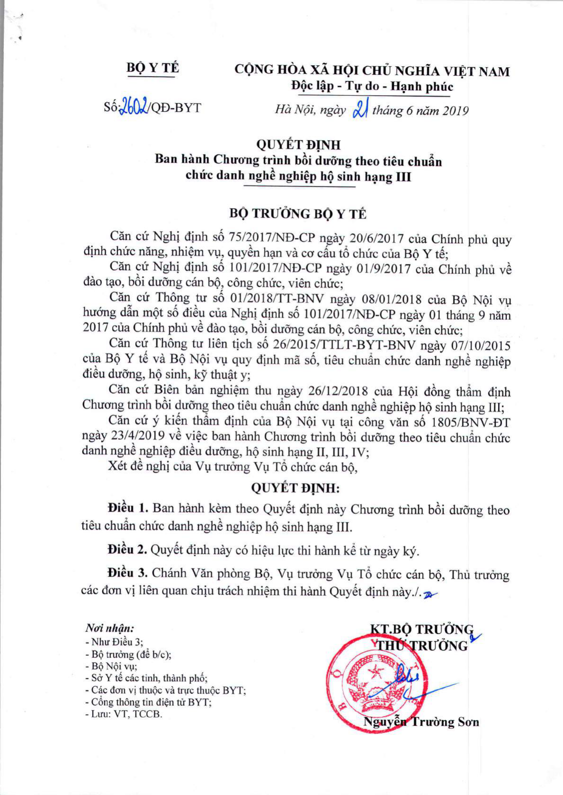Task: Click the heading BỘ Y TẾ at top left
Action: tap(153, 68)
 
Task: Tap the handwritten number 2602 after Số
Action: tap(135, 107)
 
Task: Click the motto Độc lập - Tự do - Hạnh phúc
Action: tap(372, 87)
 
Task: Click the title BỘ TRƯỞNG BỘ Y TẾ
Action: tap(298, 214)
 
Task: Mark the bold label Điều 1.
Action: tap(128, 508)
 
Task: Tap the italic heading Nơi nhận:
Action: tap(109, 628)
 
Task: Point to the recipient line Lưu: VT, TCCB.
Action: tap(123, 714)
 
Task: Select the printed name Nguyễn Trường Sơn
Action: tap(421, 722)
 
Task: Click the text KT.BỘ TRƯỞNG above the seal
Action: tap(421, 629)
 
